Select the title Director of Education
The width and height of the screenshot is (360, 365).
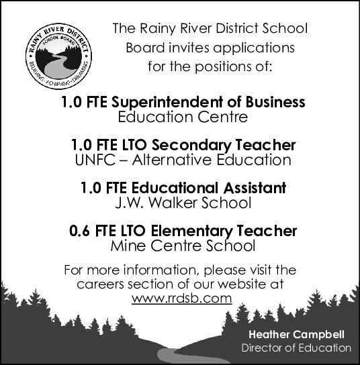[x=296, y=348]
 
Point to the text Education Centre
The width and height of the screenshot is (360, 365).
[x=183, y=117]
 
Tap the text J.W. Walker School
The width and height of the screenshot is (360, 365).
[x=183, y=202]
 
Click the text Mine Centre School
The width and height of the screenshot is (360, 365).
[x=182, y=246]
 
